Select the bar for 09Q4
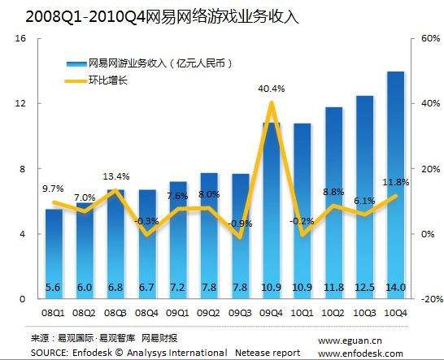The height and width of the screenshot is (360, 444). (x=272, y=211)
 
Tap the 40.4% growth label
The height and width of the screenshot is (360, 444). (x=271, y=89)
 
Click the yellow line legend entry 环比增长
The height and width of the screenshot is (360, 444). (x=106, y=80)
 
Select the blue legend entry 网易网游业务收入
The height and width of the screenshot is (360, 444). (x=138, y=63)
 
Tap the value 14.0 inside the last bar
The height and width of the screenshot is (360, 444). (x=396, y=288)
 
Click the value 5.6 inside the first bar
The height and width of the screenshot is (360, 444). (x=54, y=288)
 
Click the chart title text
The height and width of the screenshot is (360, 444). (x=150, y=15)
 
